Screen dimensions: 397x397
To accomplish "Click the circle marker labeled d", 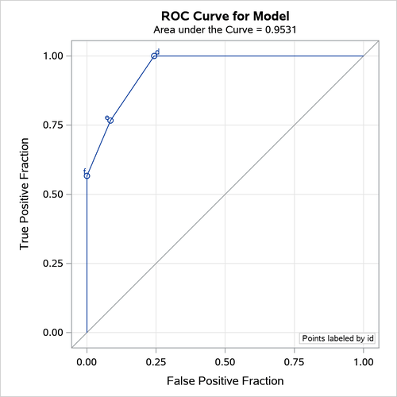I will click(x=154, y=56).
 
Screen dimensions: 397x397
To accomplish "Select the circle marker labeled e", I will click(x=110, y=121).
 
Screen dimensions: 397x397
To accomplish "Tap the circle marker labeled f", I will click(x=87, y=175).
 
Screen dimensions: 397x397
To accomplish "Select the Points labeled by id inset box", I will click(x=337, y=338).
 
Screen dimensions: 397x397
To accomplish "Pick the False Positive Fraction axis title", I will click(x=225, y=381).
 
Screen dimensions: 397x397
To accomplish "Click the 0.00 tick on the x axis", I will click(x=87, y=361).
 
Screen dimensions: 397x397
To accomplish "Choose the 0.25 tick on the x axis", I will click(x=156, y=361).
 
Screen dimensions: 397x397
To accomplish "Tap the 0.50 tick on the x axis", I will click(x=225, y=361).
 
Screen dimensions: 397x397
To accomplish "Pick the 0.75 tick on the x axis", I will click(x=295, y=361).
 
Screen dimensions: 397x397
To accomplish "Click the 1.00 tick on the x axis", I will click(x=364, y=361).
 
